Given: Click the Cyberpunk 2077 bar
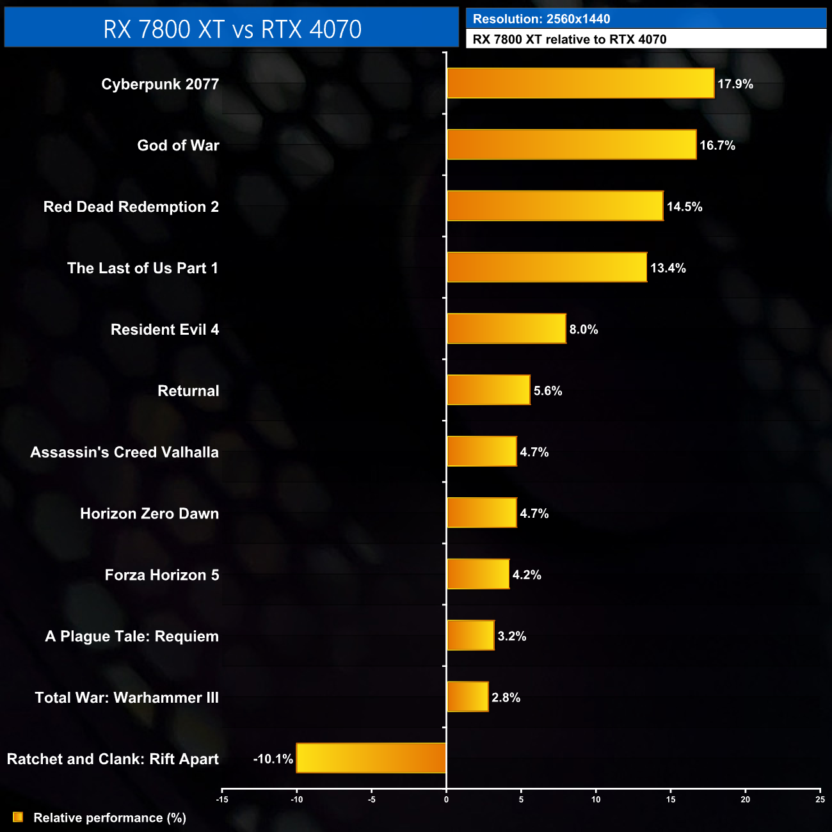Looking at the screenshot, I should click(580, 83).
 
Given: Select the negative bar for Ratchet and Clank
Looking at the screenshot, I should click(371, 758).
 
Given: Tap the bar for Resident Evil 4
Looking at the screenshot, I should click(506, 328).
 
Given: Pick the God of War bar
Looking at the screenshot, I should click(572, 145).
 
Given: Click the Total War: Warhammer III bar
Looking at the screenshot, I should click(467, 696).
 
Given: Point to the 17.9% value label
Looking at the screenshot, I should click(735, 84).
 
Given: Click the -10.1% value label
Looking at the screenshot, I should click(273, 759).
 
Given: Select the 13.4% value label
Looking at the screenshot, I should click(668, 268).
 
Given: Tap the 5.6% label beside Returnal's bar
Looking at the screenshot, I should click(548, 391).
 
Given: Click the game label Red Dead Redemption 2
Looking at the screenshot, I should click(131, 207).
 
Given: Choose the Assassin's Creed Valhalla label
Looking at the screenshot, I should click(124, 452).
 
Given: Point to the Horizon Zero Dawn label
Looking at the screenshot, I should click(149, 514).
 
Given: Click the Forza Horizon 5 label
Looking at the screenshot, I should click(162, 575).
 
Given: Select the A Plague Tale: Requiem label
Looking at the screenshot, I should click(132, 637).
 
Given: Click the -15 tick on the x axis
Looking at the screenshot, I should click(222, 799).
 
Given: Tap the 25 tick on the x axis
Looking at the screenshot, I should click(820, 799).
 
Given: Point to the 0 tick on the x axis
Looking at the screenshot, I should click(446, 799).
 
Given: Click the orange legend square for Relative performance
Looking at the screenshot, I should click(18, 817).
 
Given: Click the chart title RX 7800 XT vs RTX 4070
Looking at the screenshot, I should click(232, 29).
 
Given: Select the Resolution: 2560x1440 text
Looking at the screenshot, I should click(541, 19).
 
